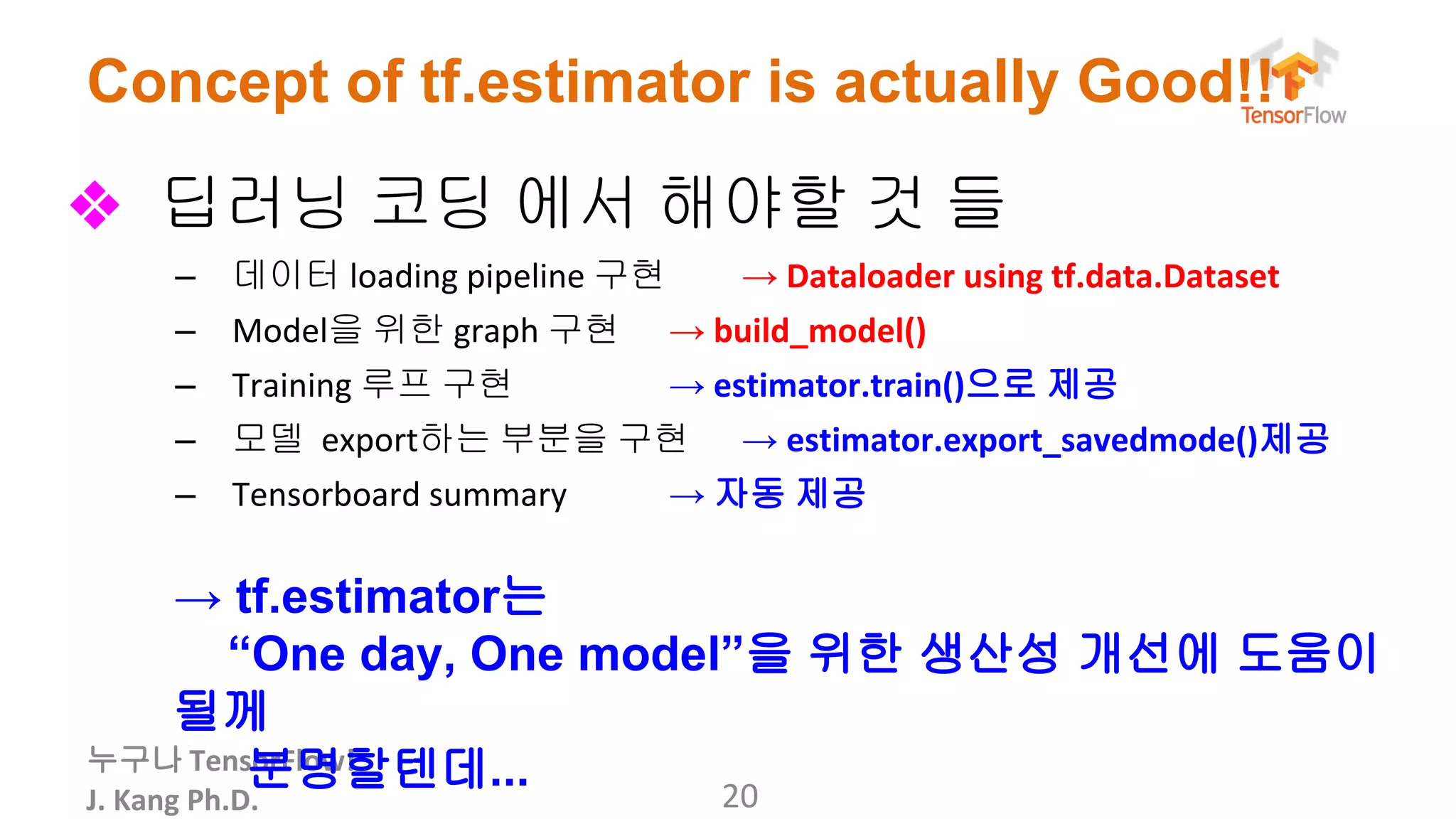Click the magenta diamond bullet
point(95,205)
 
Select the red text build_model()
point(820,331)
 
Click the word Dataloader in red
point(869,277)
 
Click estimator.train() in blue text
point(839,386)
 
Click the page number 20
point(740,796)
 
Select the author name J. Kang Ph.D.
point(172,801)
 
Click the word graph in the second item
point(496,332)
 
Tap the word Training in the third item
point(291,386)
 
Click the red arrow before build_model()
point(687,332)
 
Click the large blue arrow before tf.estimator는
point(198,600)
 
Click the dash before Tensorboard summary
point(186,496)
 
